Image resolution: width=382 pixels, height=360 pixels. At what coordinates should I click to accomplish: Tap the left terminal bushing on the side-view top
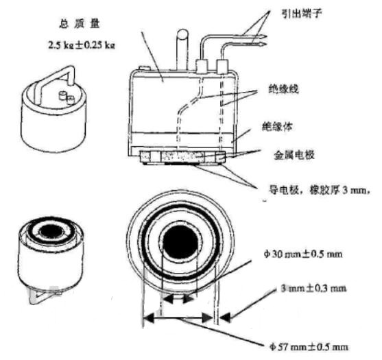click(x=204, y=67)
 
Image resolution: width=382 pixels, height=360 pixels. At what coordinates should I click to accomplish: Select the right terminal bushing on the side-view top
click(x=223, y=67)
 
